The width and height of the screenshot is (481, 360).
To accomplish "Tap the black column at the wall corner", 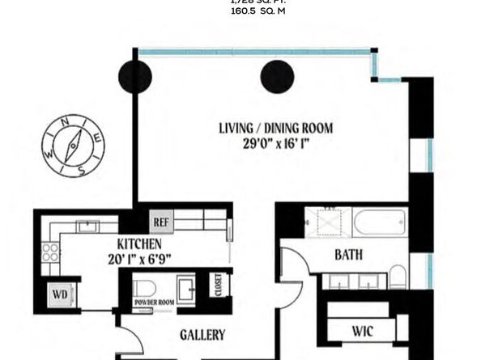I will click(134, 78).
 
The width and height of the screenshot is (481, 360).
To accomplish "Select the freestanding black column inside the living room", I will click(275, 78).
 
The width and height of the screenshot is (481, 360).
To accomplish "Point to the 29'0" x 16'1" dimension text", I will click(275, 143).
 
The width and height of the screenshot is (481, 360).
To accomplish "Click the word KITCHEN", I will click(139, 244).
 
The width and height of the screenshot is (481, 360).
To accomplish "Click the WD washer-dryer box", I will click(59, 293).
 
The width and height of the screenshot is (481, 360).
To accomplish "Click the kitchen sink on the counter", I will click(87, 226).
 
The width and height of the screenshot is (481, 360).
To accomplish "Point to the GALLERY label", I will click(202, 334).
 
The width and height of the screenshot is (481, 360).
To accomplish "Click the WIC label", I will click(362, 331).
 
